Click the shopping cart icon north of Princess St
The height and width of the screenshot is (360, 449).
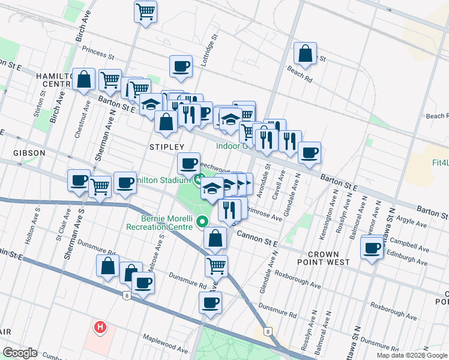tap(146, 11)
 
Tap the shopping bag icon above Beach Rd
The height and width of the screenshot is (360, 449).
tap(306, 53)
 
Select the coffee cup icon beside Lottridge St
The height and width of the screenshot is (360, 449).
tap(181, 67)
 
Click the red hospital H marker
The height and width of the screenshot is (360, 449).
tap(100, 328)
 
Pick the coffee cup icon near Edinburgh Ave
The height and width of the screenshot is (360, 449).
tap(372, 247)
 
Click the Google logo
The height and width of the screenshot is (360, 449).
tap(20, 353)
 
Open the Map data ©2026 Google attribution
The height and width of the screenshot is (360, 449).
tap(412, 355)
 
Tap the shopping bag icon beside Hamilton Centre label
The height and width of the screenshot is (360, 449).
tap(84, 79)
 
